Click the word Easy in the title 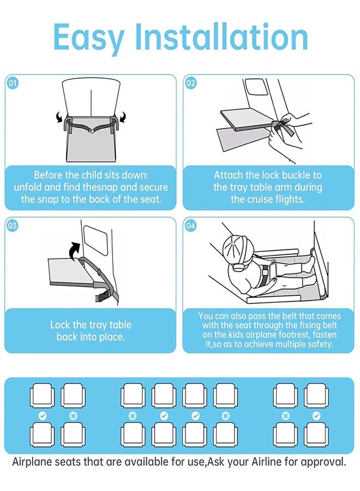click(89, 38)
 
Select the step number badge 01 click(13, 83)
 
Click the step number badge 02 click(191, 83)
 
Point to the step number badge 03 click(13, 225)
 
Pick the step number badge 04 click(191, 225)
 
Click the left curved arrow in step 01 click(59, 117)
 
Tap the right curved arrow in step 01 click(123, 117)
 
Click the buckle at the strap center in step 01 click(92, 130)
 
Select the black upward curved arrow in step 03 click(75, 251)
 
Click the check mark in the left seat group click(42, 416)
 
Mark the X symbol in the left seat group click(73, 416)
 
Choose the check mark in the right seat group click(316, 416)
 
